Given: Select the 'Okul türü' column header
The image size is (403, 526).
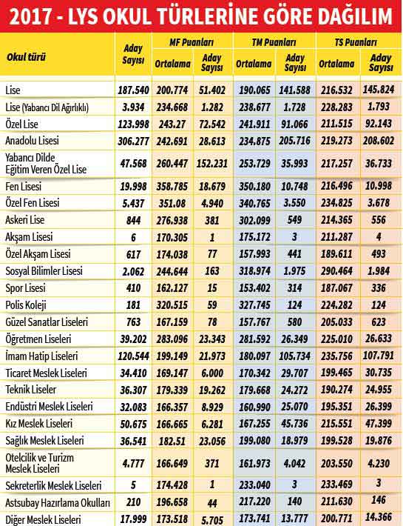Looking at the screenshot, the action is [x=26, y=57].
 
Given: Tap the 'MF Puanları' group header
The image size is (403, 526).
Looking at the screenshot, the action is [x=192, y=42].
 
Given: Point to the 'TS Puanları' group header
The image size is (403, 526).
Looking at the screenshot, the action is [x=356, y=42].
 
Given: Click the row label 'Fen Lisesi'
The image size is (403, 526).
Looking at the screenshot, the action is [x=24, y=186].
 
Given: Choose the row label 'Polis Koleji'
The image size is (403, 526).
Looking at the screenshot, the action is [x=26, y=305].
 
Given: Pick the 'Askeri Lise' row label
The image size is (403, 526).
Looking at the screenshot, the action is [x=24, y=220].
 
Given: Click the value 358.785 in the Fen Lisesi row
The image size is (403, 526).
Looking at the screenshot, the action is [x=172, y=187].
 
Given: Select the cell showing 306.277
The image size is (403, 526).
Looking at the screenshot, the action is [x=133, y=142].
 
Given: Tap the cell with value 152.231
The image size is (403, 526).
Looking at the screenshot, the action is [x=212, y=164].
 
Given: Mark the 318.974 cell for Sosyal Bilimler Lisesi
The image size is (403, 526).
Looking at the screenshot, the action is [x=254, y=271].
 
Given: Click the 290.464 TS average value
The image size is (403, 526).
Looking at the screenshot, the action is [x=336, y=271].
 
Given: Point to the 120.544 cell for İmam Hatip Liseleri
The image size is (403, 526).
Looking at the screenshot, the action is [x=133, y=356].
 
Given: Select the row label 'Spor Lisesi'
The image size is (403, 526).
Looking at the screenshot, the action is [x=25, y=288].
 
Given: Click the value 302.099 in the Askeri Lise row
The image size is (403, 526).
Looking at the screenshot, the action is [x=254, y=220].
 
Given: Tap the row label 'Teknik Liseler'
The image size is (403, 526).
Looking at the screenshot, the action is [x=31, y=390].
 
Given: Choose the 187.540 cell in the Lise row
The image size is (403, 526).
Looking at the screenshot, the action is [x=133, y=90].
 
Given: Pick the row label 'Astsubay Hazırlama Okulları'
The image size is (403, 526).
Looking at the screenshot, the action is [x=58, y=503].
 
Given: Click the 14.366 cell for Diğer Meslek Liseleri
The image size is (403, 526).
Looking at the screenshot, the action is [x=379, y=519].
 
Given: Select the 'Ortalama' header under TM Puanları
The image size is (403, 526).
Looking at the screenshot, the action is [x=254, y=64].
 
